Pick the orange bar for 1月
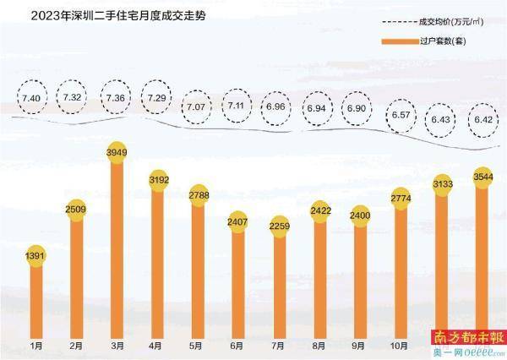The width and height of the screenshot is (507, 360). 35,296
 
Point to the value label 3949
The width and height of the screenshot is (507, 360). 116,150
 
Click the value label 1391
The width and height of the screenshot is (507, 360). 35,253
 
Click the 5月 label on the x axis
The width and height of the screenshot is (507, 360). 196,345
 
